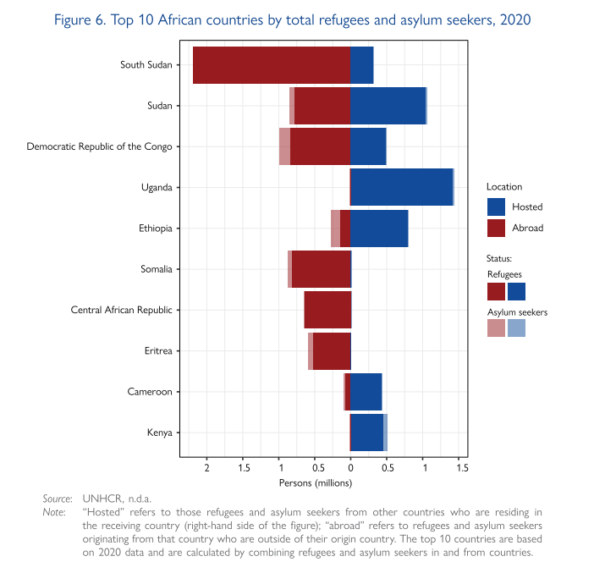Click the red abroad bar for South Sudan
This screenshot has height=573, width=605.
(x=271, y=65)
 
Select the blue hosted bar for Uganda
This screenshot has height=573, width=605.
(x=402, y=187)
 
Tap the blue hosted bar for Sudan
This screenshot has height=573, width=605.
(x=388, y=106)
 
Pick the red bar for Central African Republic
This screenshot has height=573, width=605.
(x=327, y=310)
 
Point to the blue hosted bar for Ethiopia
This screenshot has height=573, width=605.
(x=379, y=229)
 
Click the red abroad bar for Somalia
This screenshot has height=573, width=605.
(x=321, y=269)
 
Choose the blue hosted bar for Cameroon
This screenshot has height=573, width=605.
(x=366, y=391)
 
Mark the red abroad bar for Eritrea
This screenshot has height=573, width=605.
(x=331, y=350)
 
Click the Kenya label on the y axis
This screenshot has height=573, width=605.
(x=159, y=433)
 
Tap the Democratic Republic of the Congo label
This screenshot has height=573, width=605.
(x=99, y=146)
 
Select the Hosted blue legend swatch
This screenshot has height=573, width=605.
(x=497, y=207)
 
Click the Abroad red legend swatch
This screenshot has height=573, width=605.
(x=497, y=228)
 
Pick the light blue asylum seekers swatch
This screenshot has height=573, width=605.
(x=517, y=328)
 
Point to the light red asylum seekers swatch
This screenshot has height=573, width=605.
(x=497, y=328)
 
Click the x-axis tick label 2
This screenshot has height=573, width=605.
(x=206, y=468)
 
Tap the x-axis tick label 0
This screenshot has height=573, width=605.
(x=350, y=468)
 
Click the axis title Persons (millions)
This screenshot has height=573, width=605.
(x=316, y=482)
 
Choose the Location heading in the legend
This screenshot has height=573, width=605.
(x=504, y=186)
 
